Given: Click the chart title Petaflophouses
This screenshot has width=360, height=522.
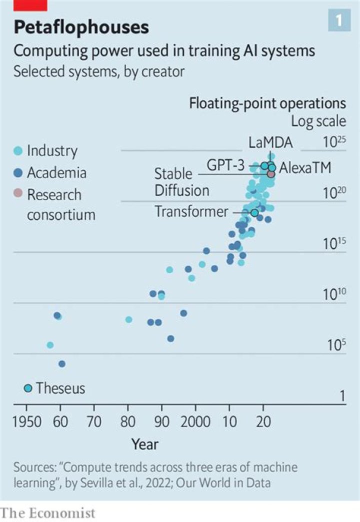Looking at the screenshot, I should tap(81, 27).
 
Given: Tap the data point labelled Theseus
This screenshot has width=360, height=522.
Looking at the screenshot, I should tap(28, 388).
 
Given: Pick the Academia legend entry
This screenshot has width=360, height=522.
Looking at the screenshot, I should tap(50, 173).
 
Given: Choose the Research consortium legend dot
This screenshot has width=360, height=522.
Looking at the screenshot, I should tap(18, 194).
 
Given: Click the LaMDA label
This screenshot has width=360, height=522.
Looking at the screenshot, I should tap(270, 142).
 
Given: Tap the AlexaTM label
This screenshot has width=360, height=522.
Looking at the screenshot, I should tap(305, 168).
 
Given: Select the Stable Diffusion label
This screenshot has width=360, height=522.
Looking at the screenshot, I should tap(181, 182).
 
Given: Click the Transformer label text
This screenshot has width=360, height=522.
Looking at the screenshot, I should tap(191, 211).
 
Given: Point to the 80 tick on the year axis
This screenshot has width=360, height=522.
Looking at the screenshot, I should tap(127, 422).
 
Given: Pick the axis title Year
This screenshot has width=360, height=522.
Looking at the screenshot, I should tap(145, 444).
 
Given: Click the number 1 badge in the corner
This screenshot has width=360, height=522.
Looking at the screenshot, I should tap(338, 20).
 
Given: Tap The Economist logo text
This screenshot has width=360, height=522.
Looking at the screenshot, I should tap(47, 513).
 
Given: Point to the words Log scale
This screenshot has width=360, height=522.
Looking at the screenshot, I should tap(318, 121).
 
